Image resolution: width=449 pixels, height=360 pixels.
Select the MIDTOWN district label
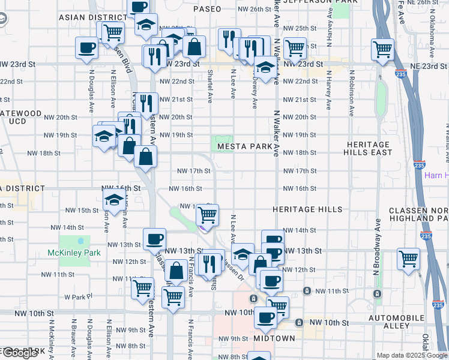tap(274, 338)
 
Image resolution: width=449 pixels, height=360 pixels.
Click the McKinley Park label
tap(74, 253)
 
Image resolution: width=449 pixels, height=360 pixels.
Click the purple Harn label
tap(436, 175)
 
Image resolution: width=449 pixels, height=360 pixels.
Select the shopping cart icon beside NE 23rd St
tap(382, 49)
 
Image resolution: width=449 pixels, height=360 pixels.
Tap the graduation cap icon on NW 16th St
tap(113, 201)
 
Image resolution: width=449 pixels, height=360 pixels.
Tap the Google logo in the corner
tap(19, 353)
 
